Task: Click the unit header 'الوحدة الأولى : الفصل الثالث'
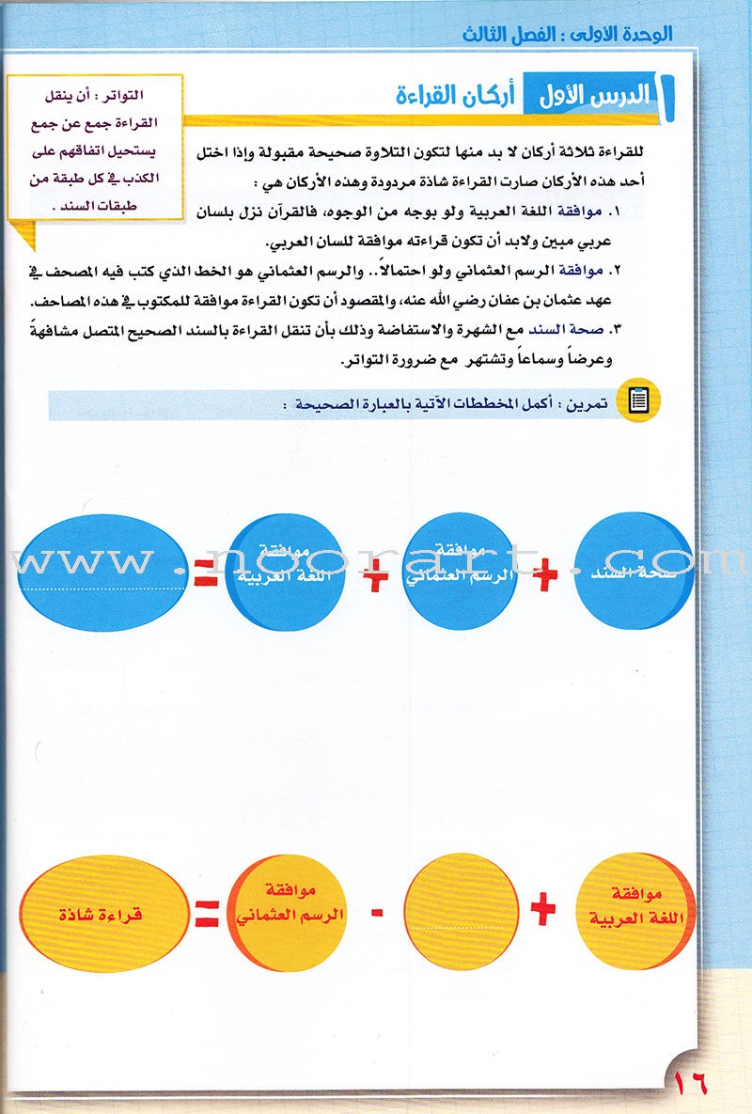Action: coord(583,36)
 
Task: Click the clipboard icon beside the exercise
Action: coord(638,402)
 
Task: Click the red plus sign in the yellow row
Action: coord(543,909)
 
